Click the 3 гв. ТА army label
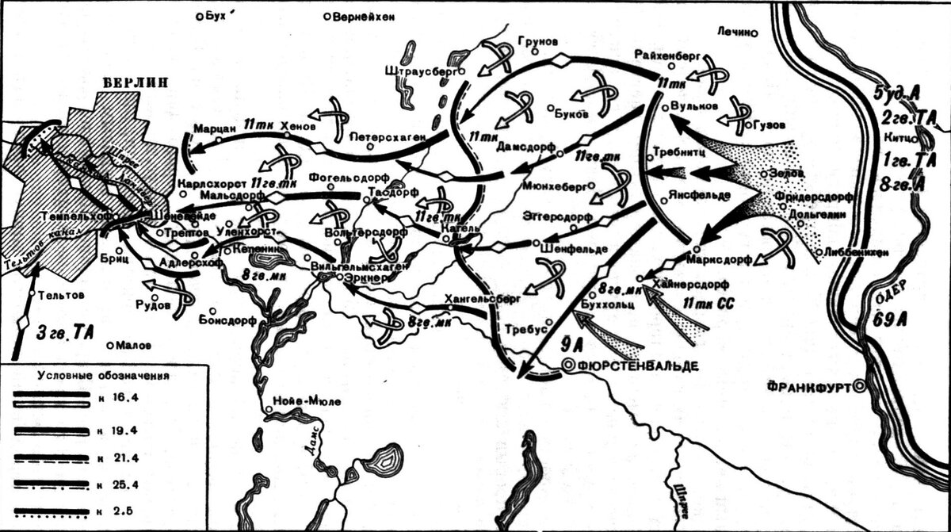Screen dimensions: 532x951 pos(59,332)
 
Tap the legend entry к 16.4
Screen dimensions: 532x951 pos(122,397)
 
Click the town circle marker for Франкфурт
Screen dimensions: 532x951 pos(859,386)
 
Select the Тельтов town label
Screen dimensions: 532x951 pos(61,294)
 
